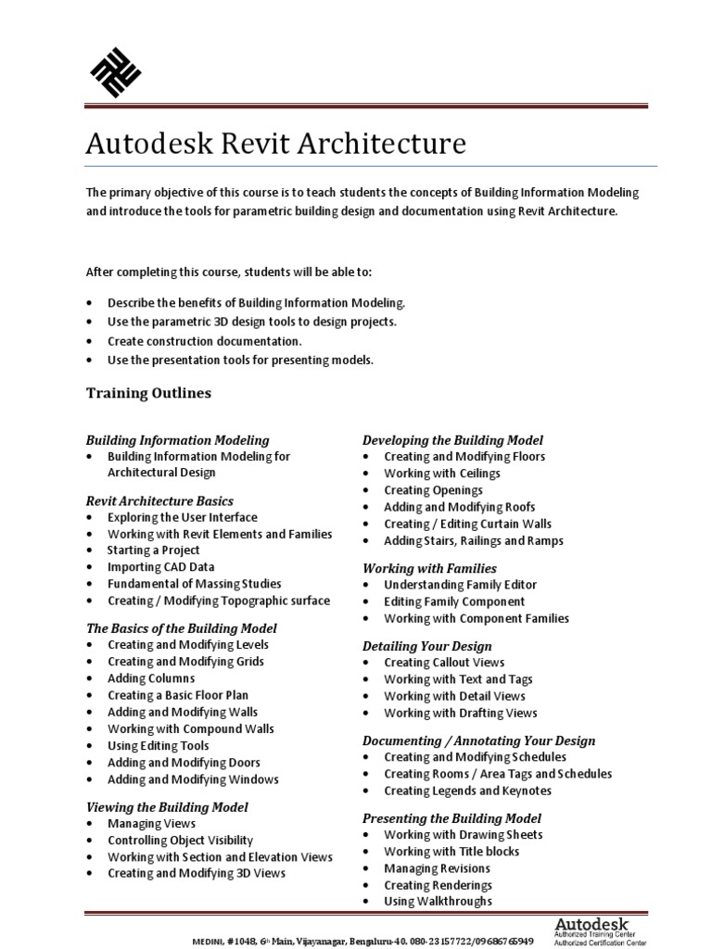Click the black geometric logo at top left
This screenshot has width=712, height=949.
[114, 71]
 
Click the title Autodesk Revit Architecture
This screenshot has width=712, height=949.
[275, 144]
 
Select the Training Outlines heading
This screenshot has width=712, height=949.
[148, 393]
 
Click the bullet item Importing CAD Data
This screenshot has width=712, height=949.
[160, 567]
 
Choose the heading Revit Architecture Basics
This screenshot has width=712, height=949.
[159, 500]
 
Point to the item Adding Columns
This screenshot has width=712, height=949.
[150, 678]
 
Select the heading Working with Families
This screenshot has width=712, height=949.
[428, 568]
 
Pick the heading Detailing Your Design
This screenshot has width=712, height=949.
[426, 646]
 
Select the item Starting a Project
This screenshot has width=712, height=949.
[153, 550]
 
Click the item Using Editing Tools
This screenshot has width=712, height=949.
[158, 746]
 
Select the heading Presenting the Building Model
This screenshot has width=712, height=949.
[451, 818]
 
